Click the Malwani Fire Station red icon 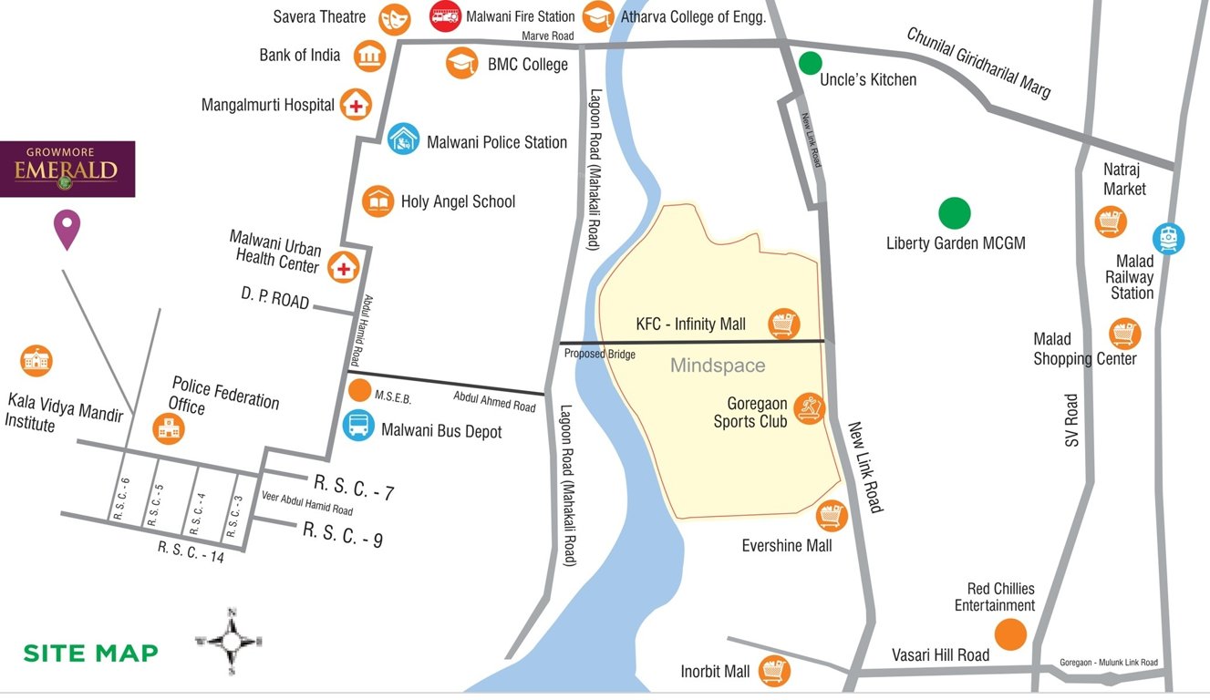[x=445, y=16]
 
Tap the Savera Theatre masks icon [x=394, y=16]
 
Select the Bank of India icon [x=368, y=56]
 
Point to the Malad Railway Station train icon [x=1167, y=238]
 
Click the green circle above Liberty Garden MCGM [x=955, y=213]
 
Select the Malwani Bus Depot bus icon [x=358, y=425]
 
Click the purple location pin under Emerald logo [x=67, y=229]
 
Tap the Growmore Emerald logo [x=67, y=169]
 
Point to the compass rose [x=231, y=641]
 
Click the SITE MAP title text [x=90, y=653]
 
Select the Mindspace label [x=718, y=366]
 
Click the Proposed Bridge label [x=599, y=354]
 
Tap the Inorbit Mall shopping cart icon [x=774, y=672]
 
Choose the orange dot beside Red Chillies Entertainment [x=1010, y=634]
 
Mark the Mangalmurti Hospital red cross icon [x=356, y=105]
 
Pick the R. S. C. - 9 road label [x=343, y=534]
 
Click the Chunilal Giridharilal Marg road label [x=978, y=62]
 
